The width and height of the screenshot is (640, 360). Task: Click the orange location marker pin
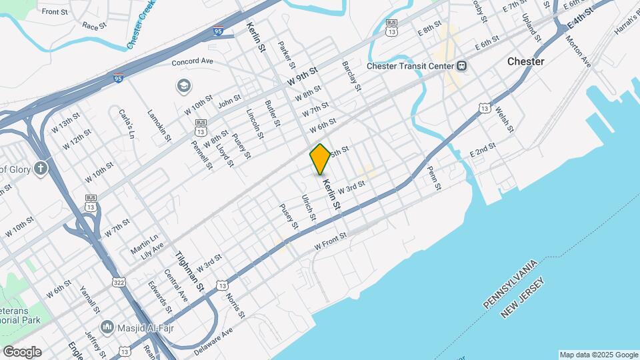[321, 159]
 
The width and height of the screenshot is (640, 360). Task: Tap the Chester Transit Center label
[410, 66]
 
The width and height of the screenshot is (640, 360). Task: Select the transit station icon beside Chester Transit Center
[461, 66]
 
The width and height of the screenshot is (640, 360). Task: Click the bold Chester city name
[525, 61]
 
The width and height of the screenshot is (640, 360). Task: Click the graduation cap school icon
[183, 86]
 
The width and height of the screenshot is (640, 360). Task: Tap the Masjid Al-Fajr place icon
[107, 327]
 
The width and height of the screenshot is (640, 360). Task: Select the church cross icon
[41, 168]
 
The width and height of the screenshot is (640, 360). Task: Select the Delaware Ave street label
[213, 341]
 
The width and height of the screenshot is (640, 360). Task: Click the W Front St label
[331, 242]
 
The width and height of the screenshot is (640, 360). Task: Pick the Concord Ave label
[192, 61]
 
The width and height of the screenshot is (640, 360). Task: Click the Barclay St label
[351, 76]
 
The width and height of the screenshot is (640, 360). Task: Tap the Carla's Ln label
[127, 124]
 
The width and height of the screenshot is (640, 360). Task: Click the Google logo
[21, 352]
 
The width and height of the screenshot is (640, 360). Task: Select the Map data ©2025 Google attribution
[598, 355]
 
